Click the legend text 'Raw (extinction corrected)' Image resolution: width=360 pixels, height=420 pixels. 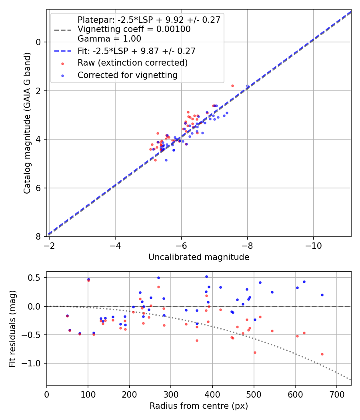click(132, 63)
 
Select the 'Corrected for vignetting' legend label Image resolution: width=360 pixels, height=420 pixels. click(128, 75)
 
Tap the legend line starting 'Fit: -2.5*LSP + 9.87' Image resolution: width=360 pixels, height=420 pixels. click(136, 51)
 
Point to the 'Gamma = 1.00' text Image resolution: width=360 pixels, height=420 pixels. click(109, 39)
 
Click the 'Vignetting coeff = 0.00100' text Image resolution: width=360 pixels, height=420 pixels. click(134, 29)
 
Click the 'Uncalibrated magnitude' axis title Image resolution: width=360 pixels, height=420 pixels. click(199, 257)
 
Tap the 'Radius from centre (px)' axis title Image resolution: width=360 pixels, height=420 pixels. click(199, 406)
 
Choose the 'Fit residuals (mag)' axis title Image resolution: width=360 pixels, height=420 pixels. click(13, 328)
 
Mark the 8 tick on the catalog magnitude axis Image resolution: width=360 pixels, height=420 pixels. click(39, 237)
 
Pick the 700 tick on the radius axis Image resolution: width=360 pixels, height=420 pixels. click(336, 393)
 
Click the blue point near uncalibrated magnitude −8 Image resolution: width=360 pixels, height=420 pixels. click(247, 86)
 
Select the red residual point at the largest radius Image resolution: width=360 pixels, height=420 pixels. click(322, 354)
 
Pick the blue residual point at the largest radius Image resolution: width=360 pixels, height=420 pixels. click(322, 295)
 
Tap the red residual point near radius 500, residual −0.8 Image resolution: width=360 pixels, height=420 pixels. click(255, 352)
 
